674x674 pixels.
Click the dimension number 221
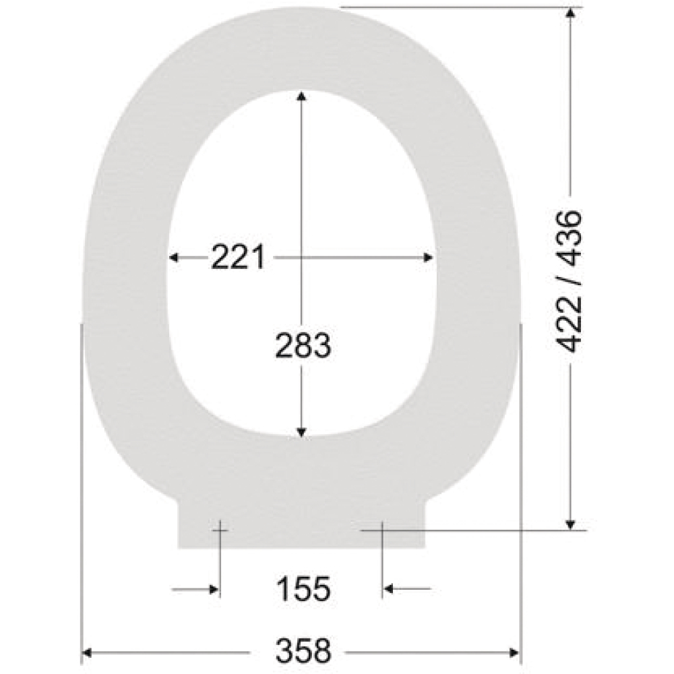point(238,257)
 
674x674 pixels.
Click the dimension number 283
point(303,345)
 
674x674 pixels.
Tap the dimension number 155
point(303,588)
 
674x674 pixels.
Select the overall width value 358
point(303,650)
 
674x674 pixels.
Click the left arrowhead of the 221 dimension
point(173,257)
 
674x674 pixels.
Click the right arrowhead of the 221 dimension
point(428,257)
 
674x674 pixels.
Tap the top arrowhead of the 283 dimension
point(301,96)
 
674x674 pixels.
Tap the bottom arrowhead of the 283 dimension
point(301,433)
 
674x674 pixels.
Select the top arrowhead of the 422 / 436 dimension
point(570,12)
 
